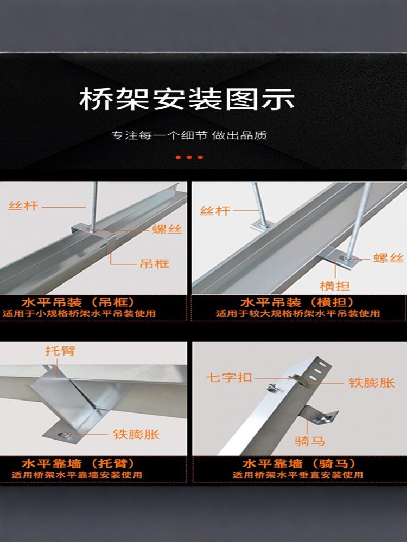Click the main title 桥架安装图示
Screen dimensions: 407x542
(x=187, y=99)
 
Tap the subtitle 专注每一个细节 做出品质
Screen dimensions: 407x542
(x=189, y=135)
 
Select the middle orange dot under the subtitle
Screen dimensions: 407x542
(x=189, y=157)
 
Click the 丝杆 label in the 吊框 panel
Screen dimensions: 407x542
(x=23, y=206)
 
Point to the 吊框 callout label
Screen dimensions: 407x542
(x=154, y=264)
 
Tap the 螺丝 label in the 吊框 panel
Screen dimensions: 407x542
(x=167, y=229)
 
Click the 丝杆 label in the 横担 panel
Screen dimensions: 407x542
(x=215, y=210)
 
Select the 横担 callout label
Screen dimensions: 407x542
(x=335, y=286)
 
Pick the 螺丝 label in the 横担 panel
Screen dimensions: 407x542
(x=389, y=258)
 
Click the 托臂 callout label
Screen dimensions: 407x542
(x=60, y=351)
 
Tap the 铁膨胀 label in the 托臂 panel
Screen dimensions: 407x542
(x=136, y=434)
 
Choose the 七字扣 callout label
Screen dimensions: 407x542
(x=229, y=377)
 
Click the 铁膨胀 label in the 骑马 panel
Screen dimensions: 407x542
(x=372, y=383)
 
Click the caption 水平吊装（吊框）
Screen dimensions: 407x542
(x=79, y=302)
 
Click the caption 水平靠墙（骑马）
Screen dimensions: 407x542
(x=298, y=463)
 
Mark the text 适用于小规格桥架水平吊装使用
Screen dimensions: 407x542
(x=79, y=313)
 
